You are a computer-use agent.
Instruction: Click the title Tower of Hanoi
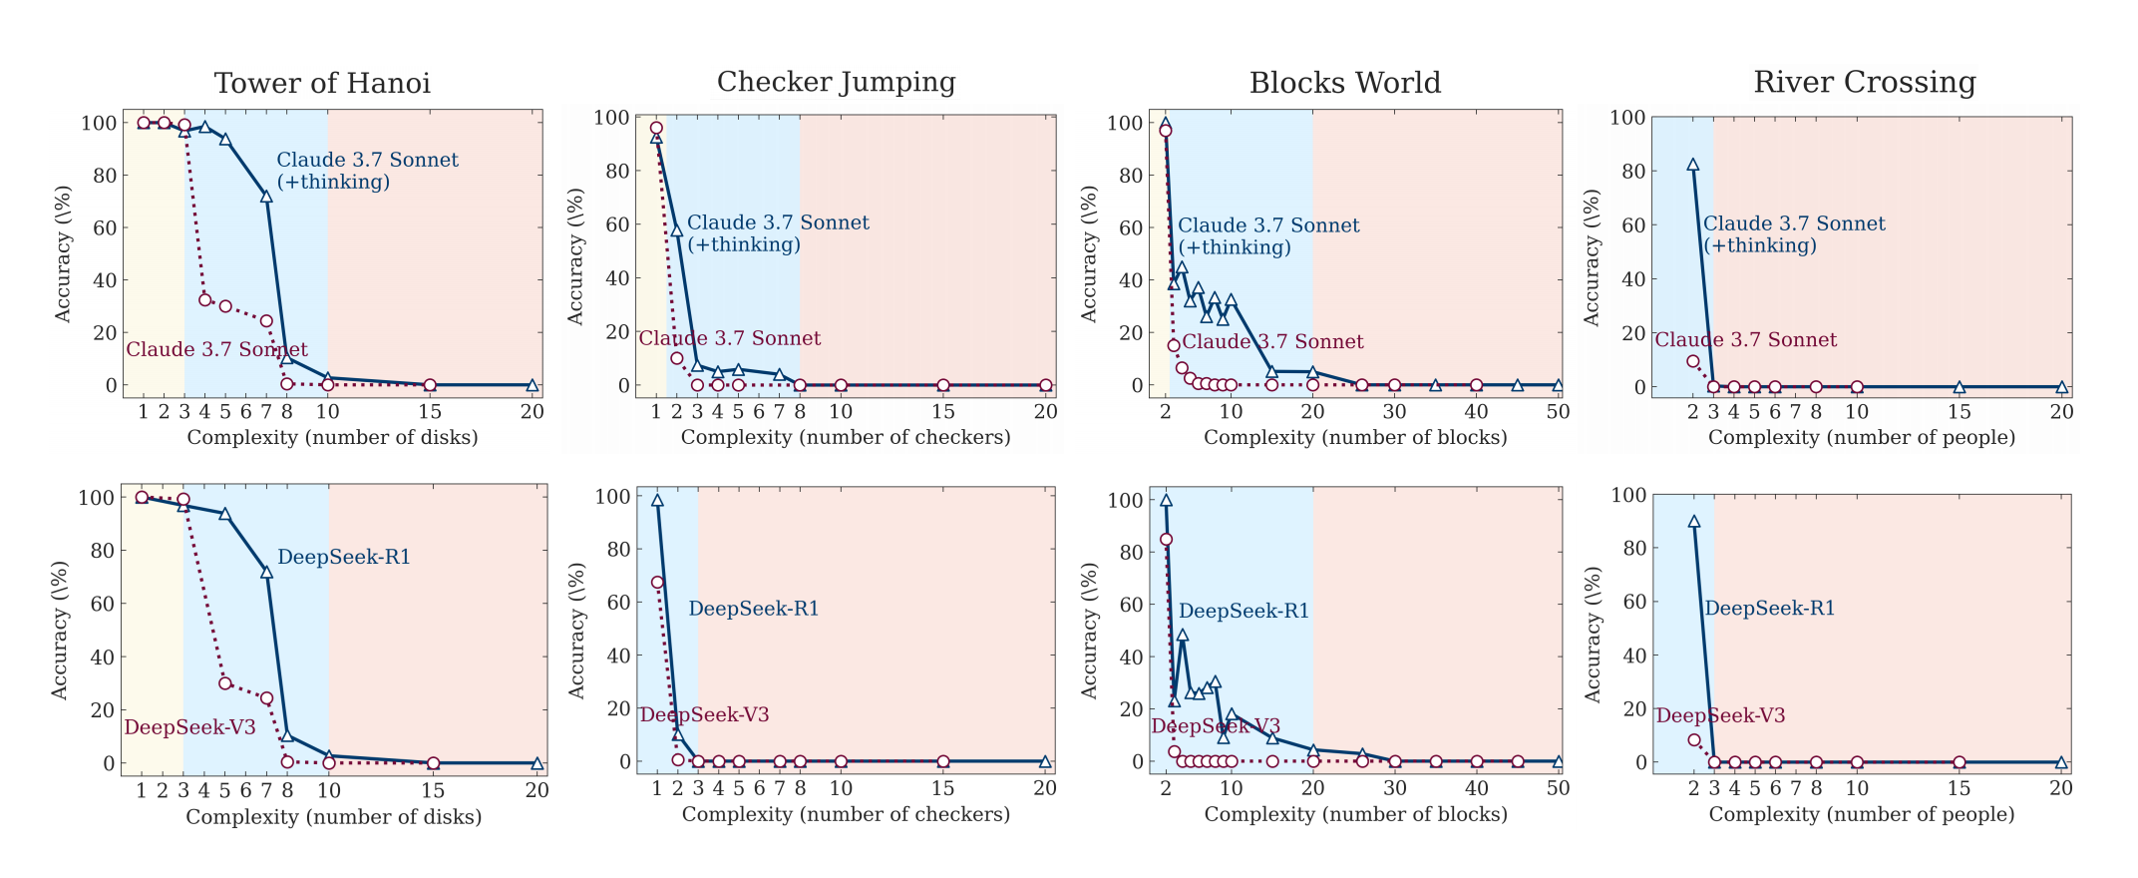[322, 83]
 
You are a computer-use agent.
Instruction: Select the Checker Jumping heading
[836, 82]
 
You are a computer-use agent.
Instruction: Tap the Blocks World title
[1344, 83]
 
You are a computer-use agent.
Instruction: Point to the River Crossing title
[1864, 82]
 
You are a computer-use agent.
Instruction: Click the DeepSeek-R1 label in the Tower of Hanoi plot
[344, 557]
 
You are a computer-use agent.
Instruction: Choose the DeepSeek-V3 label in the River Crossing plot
[1720, 715]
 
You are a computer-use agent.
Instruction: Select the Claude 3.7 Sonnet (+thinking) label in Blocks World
[1268, 236]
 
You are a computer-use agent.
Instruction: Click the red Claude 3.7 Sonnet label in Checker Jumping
[730, 338]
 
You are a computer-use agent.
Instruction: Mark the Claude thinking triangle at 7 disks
[266, 197]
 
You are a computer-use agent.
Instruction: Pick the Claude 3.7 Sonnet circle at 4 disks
[204, 299]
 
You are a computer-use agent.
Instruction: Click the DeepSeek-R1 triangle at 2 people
[1693, 521]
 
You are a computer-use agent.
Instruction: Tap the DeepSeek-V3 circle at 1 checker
[657, 582]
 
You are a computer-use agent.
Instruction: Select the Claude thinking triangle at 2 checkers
[676, 230]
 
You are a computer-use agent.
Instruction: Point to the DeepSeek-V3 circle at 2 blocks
[1166, 539]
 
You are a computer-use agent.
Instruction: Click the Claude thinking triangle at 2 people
[1692, 165]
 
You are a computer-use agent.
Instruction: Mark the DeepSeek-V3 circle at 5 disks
[225, 683]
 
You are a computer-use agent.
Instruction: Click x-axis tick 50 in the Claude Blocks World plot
[1558, 412]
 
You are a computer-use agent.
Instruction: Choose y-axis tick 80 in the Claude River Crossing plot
[1628, 171]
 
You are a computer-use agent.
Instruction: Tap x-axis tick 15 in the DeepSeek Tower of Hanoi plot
[433, 791]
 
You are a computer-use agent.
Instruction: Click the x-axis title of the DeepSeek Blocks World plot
[1355, 814]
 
